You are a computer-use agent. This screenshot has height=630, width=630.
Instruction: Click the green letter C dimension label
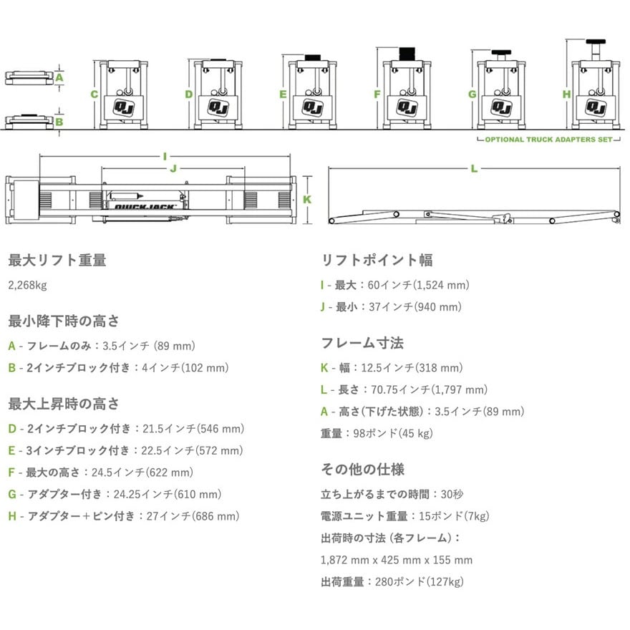(x=94, y=94)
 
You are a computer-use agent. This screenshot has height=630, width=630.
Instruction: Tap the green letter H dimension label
(x=566, y=94)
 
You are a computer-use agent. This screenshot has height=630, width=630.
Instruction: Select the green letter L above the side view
(x=474, y=168)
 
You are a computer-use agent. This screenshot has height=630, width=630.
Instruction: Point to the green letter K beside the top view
(x=307, y=199)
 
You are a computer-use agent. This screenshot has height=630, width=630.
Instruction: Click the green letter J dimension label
(x=173, y=168)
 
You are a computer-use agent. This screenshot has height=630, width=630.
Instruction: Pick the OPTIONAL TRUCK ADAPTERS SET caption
(x=549, y=140)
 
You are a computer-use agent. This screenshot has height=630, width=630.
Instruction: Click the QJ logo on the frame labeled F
(x=407, y=107)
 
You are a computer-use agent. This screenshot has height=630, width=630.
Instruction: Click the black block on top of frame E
(x=313, y=57)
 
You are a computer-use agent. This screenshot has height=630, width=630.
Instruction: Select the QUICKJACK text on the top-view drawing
(x=145, y=207)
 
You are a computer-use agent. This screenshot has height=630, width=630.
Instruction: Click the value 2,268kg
(x=27, y=286)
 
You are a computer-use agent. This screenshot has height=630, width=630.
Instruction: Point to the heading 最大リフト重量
(x=57, y=260)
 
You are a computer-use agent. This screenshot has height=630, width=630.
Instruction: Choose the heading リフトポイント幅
(x=377, y=260)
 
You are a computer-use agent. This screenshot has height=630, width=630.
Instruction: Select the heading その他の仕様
(x=362, y=469)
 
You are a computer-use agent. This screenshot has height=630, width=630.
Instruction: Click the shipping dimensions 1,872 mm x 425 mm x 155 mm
(x=397, y=560)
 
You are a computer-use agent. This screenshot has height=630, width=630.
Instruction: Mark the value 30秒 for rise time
(x=452, y=494)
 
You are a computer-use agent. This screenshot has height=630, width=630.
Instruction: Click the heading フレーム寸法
(x=362, y=343)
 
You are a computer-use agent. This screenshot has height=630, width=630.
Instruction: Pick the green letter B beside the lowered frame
(x=59, y=121)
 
